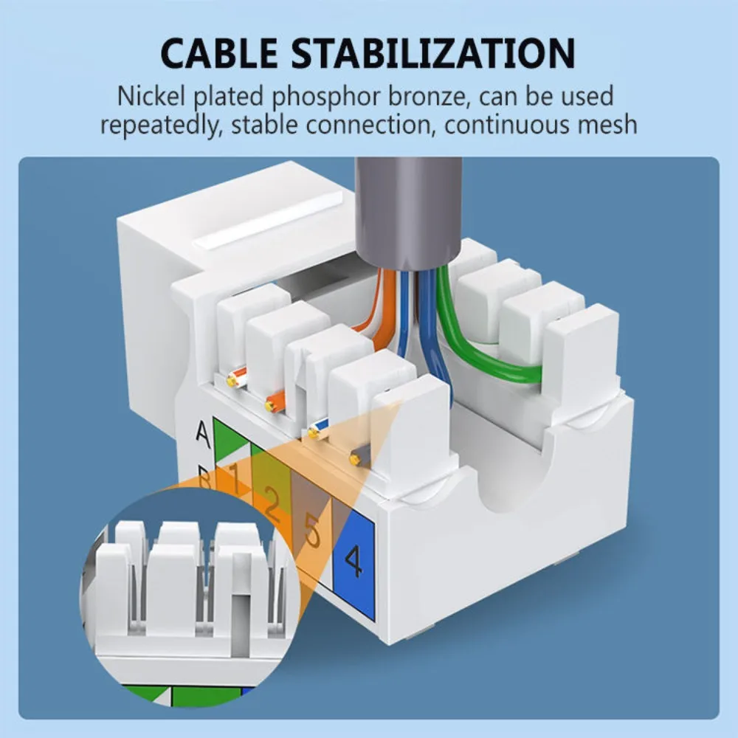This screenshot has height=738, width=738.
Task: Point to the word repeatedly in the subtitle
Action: click(x=161, y=125)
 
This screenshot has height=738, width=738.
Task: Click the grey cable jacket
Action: click(x=407, y=211)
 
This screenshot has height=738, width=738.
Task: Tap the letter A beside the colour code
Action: click(x=203, y=435)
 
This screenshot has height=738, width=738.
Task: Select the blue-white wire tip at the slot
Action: click(x=318, y=430)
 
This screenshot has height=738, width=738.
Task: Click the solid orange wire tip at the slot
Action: click(x=275, y=401)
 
